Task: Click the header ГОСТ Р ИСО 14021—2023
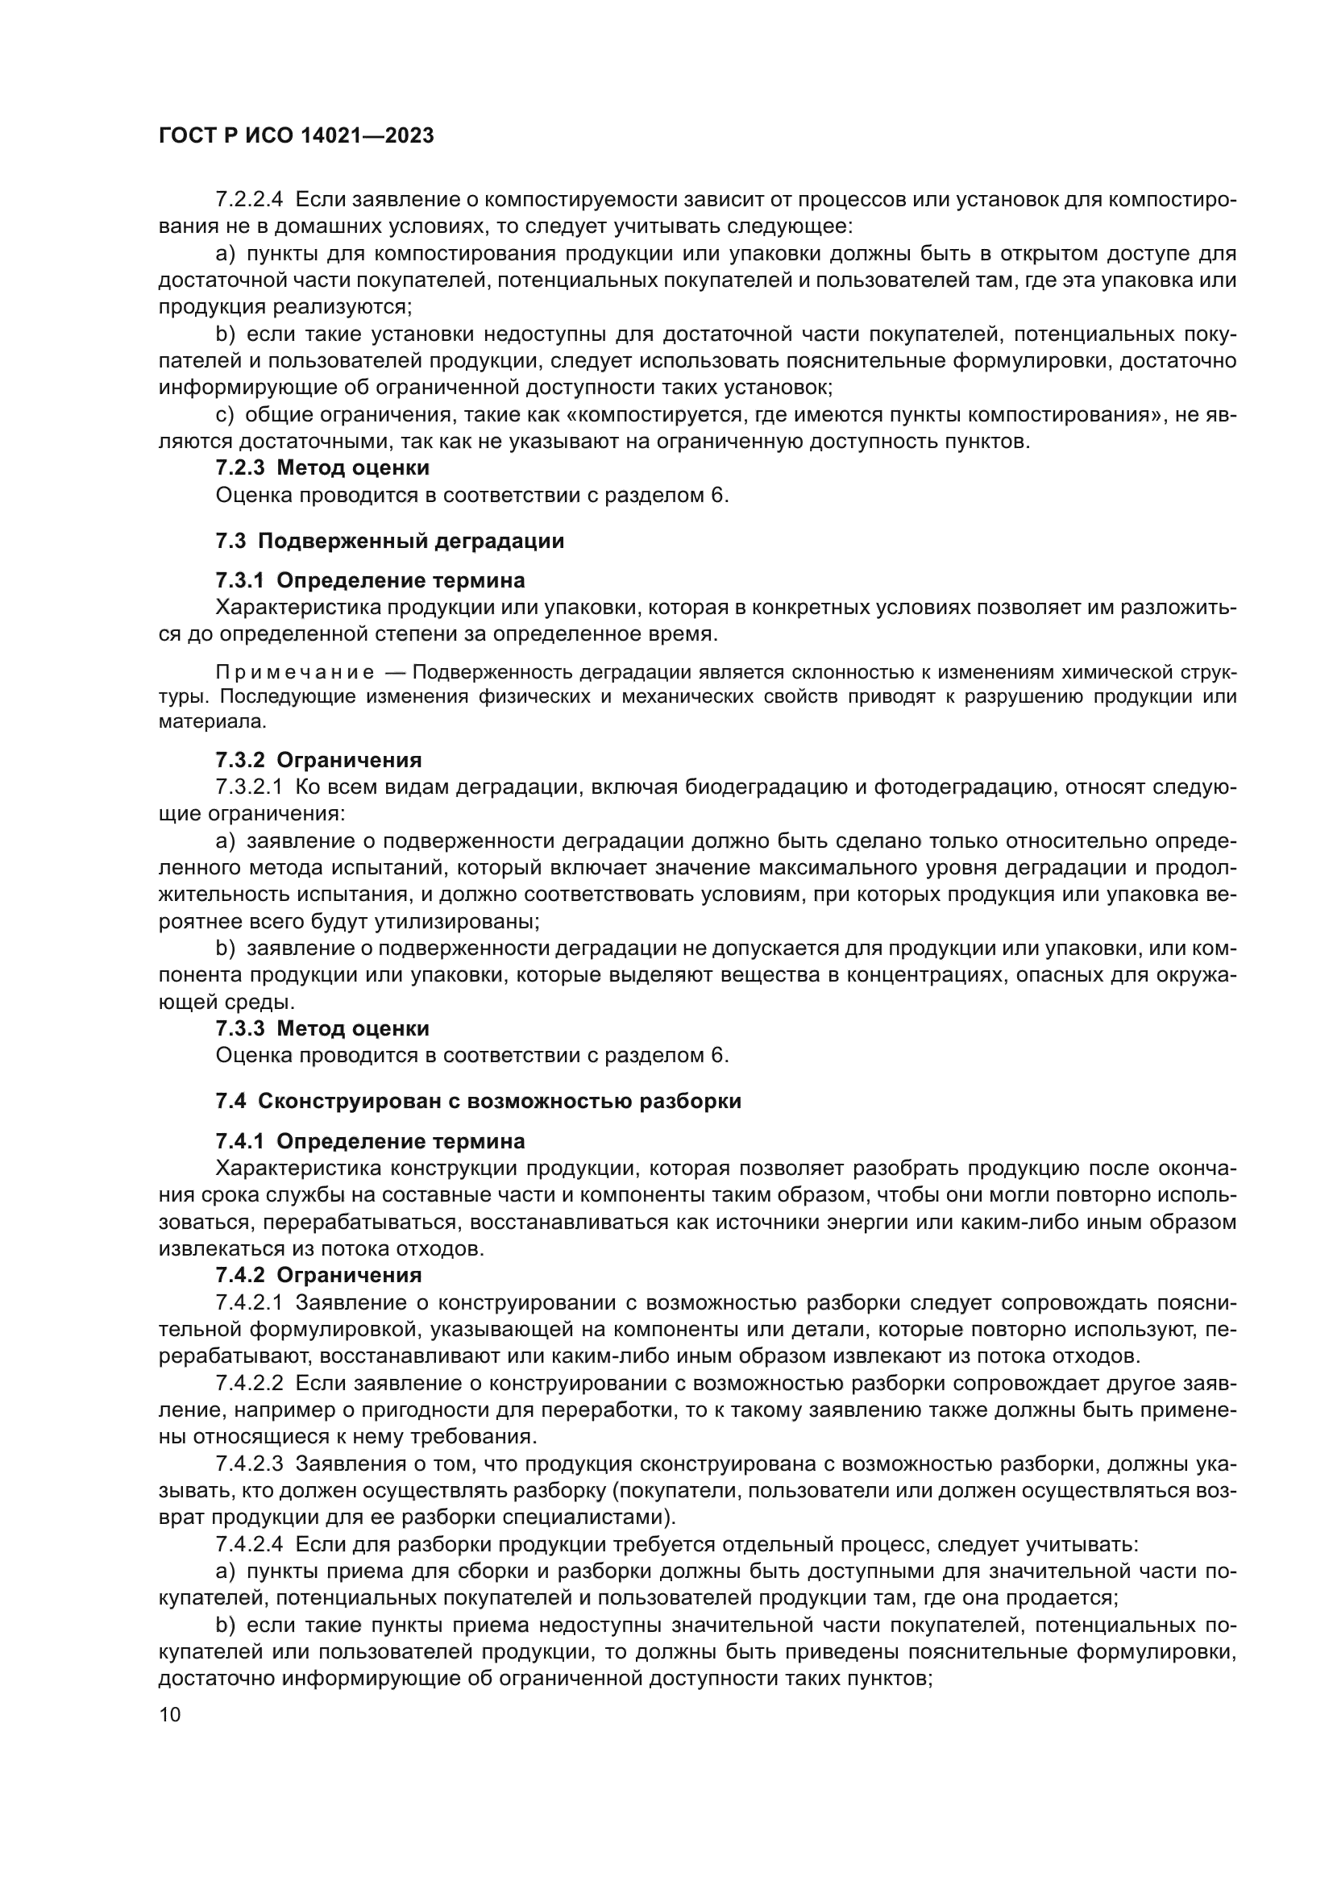click(296, 135)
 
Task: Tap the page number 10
click(169, 1714)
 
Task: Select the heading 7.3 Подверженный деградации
click(390, 541)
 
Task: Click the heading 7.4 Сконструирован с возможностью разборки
click(478, 1101)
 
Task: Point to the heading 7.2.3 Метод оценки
click(322, 468)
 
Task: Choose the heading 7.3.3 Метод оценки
click(322, 1028)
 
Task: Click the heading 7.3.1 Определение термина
click(369, 580)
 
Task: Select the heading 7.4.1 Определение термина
click(369, 1141)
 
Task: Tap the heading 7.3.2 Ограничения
click(318, 760)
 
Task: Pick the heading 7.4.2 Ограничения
click(318, 1275)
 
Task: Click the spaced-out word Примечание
click(295, 672)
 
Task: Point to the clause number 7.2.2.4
click(249, 200)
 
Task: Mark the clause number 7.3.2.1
click(249, 787)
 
